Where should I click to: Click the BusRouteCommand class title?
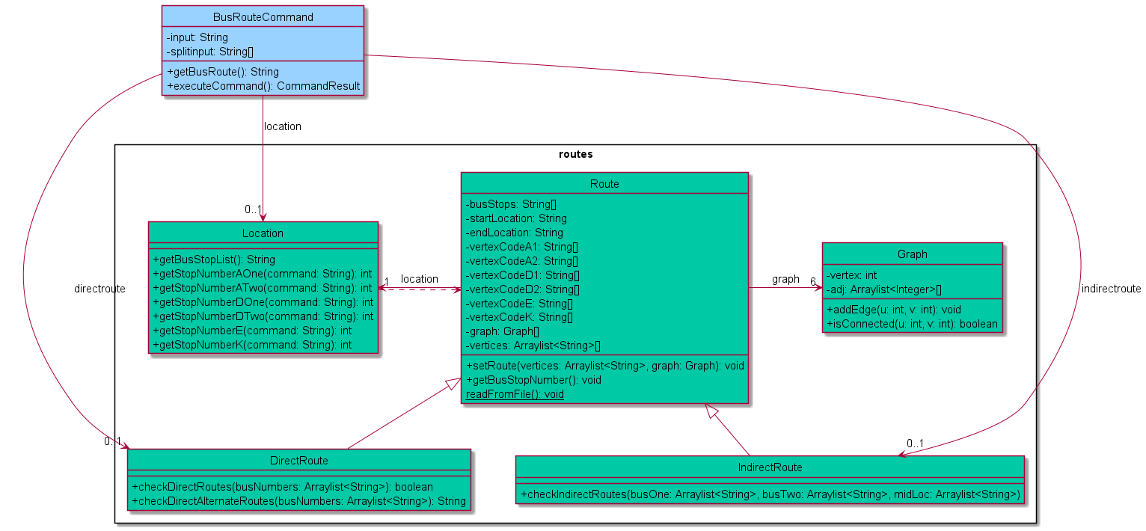(x=263, y=16)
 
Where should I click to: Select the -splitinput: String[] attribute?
(x=205, y=51)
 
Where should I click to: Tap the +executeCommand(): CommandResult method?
(x=263, y=86)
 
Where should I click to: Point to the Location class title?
(x=263, y=233)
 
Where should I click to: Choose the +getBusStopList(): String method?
(x=214, y=260)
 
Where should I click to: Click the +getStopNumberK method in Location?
(x=252, y=345)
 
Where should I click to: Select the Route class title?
(x=604, y=184)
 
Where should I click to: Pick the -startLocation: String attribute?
(x=516, y=218)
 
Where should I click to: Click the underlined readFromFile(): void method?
(x=515, y=394)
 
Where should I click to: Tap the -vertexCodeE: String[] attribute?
(x=519, y=304)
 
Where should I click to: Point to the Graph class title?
(x=912, y=254)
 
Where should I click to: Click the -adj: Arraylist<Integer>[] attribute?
(x=883, y=289)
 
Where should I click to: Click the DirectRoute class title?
(x=298, y=460)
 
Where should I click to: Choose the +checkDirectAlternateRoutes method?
(x=298, y=500)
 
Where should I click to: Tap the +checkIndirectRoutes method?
(x=770, y=494)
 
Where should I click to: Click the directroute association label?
(x=100, y=288)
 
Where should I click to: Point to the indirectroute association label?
(x=1111, y=289)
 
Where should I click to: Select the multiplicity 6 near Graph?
(x=812, y=282)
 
